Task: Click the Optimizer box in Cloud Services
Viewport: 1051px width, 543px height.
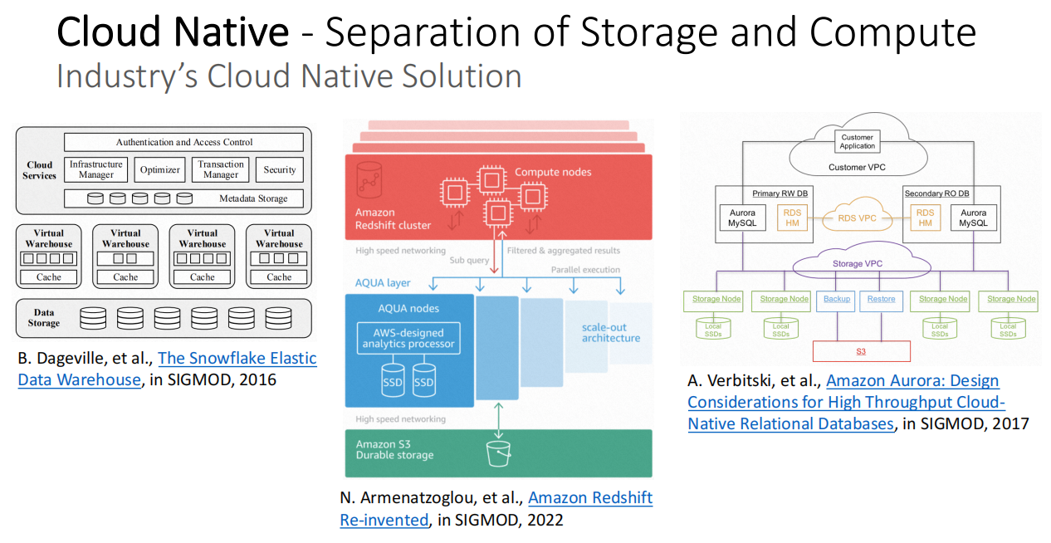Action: [160, 169]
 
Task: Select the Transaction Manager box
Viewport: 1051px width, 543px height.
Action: [221, 169]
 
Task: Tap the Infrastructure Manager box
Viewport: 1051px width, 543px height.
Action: [96, 169]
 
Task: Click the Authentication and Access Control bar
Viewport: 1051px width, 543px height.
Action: [184, 142]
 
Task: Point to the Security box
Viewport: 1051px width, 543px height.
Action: [279, 169]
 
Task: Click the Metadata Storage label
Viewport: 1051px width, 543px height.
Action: [253, 198]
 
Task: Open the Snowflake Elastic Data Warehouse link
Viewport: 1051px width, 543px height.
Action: [237, 360]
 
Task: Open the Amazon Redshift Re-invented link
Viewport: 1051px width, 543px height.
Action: [590, 498]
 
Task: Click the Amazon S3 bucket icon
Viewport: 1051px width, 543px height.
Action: [498, 453]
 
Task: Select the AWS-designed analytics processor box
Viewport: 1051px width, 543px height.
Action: [408, 338]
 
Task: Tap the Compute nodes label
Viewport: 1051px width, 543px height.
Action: [553, 172]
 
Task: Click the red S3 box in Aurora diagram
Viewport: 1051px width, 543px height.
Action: [861, 351]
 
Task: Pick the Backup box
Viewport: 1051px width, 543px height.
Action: [836, 299]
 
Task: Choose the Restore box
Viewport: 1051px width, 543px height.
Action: [881, 299]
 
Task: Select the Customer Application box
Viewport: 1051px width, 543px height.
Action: [858, 141]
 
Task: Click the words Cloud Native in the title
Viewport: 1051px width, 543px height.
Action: [173, 33]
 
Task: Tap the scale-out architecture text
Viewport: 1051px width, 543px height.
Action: [610, 332]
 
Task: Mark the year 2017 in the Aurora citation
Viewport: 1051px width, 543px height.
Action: [1008, 423]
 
